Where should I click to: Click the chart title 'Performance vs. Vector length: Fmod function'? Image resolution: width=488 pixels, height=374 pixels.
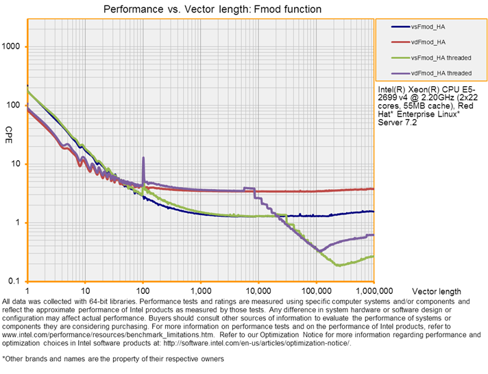[x=212, y=10]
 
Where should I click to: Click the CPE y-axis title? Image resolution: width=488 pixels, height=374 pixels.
[x=9, y=130]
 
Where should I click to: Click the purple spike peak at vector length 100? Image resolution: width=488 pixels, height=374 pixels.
[x=143, y=158]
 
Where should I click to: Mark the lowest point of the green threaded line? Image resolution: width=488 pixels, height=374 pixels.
[x=339, y=265]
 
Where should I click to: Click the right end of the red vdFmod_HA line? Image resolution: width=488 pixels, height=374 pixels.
[x=374, y=189]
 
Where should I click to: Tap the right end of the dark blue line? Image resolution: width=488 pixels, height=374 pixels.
[x=374, y=212]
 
